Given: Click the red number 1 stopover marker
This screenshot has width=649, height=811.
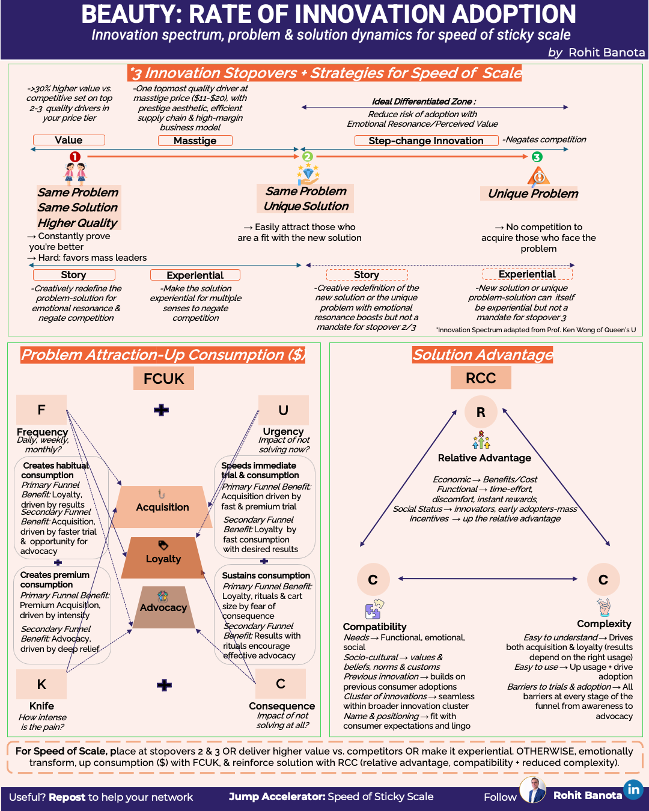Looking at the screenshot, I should pyautogui.click(x=75, y=157).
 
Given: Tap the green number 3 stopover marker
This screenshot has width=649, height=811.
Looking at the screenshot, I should pyautogui.click(x=537, y=157).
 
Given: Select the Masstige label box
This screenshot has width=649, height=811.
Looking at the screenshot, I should pyautogui.click(x=195, y=141).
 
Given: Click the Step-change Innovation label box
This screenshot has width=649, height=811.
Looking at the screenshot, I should pyautogui.click(x=426, y=141).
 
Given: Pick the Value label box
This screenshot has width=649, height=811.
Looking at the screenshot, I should pyautogui.click(x=69, y=140).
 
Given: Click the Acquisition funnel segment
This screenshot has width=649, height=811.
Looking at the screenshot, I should pyautogui.click(x=162, y=507).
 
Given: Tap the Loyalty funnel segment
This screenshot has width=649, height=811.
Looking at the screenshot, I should pyautogui.click(x=163, y=558).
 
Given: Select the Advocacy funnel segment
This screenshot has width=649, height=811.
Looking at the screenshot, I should pyautogui.click(x=163, y=607).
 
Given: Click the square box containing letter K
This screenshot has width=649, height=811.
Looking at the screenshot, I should pyautogui.click(x=41, y=684).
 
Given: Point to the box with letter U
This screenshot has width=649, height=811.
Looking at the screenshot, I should pyautogui.click(x=283, y=410).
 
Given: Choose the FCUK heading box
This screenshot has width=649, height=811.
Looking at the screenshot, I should pyautogui.click(x=164, y=378).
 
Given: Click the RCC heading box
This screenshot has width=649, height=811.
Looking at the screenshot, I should pyautogui.click(x=481, y=378).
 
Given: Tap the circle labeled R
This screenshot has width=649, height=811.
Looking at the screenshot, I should pyautogui.click(x=481, y=412).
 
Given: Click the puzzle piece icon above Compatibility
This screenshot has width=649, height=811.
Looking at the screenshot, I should pyautogui.click(x=374, y=609).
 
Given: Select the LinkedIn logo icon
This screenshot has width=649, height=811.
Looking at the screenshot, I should pyautogui.click(x=633, y=789).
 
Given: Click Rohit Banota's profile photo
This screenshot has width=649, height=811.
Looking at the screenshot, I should pyautogui.click(x=533, y=791).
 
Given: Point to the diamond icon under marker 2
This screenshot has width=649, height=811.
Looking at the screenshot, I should pyautogui.click(x=308, y=175).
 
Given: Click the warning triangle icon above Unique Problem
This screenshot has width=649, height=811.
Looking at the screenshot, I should pyautogui.click(x=539, y=176).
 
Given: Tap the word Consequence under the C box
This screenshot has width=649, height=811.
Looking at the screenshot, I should pyautogui.click(x=282, y=706).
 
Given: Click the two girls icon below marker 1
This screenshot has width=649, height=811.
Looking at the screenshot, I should pyautogui.click(x=75, y=172).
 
